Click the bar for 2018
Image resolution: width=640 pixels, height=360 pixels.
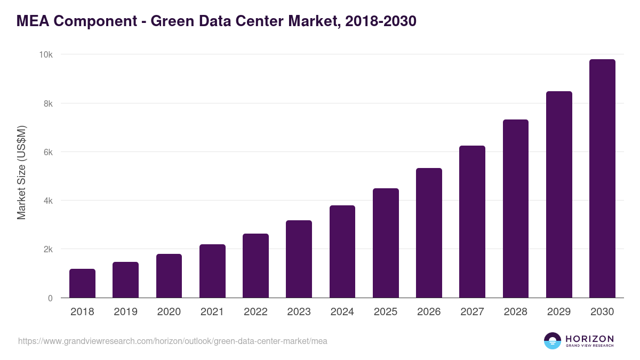[x=82, y=283]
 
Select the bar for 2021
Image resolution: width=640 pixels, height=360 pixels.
[x=212, y=271]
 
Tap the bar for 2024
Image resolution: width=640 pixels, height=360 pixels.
[x=342, y=252]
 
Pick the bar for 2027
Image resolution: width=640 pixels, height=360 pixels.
[x=472, y=222]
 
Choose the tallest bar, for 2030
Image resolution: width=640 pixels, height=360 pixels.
[x=602, y=179]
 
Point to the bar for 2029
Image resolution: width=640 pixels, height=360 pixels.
[x=559, y=195]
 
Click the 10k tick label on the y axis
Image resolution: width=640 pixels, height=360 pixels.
[x=45, y=55]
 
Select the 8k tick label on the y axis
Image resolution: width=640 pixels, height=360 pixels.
[x=48, y=103]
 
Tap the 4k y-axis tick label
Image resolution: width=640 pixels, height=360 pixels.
[x=48, y=201]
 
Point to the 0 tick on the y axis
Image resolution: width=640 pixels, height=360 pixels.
[x=50, y=298]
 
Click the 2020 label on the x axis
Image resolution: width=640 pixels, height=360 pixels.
[x=169, y=312]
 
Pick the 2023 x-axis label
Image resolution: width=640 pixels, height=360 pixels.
[x=299, y=312]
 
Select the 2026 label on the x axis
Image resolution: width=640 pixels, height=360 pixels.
[x=429, y=312]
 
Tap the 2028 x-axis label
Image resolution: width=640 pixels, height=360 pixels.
[x=515, y=312]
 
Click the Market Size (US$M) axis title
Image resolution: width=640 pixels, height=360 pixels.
[x=21, y=172]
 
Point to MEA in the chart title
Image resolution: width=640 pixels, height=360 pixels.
[x=34, y=21]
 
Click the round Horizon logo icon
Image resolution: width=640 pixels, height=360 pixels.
[x=553, y=341]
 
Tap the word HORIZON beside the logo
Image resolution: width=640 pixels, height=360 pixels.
[x=589, y=338]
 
